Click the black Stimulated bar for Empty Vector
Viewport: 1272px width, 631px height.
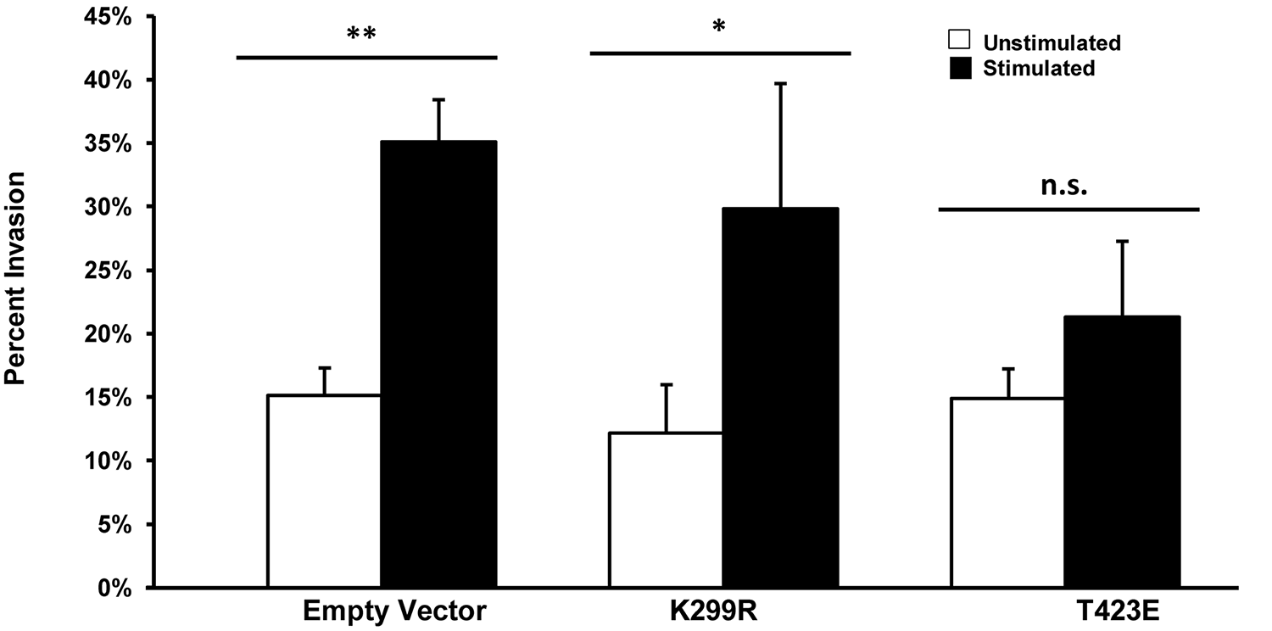[x=438, y=365]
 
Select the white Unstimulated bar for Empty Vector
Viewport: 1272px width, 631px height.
[x=323, y=491]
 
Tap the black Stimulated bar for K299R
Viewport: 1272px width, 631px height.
[x=780, y=398]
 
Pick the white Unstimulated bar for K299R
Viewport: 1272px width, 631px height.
[x=666, y=510]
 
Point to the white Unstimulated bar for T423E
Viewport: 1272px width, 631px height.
[x=1007, y=493]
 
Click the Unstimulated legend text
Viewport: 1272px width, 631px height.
[x=1052, y=43]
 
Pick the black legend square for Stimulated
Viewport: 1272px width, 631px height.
[x=958, y=68]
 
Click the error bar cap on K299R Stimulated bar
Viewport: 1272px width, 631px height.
[x=780, y=84]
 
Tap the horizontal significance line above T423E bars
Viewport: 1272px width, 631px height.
[x=1068, y=209]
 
